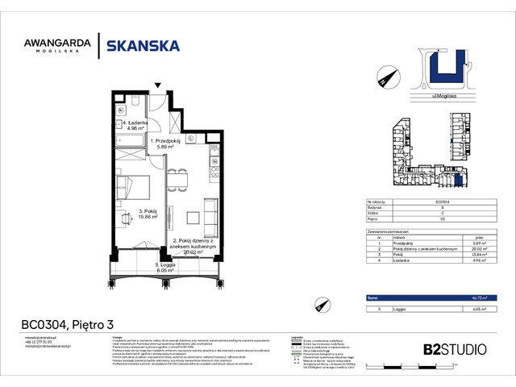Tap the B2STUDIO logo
(x=449, y=349)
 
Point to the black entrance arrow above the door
(x=159, y=85)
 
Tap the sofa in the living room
(x=210, y=216)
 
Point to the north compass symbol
(x=384, y=77)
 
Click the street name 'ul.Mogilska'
(x=434, y=96)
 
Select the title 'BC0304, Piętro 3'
(x=65, y=325)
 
